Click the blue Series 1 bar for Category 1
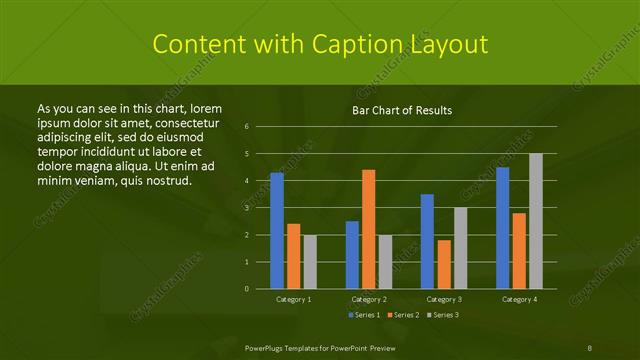[277, 230]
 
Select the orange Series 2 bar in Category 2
[369, 229]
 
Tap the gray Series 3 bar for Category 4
[536, 221]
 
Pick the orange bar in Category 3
[444, 264]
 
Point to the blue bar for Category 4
[502, 227]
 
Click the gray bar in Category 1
[310, 261]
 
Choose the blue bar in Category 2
[352, 254]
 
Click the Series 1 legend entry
[363, 316]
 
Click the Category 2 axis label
[368, 299]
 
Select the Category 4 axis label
[519, 299]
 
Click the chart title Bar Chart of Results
[402, 110]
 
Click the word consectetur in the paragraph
[179, 120]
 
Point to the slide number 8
[590, 348]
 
